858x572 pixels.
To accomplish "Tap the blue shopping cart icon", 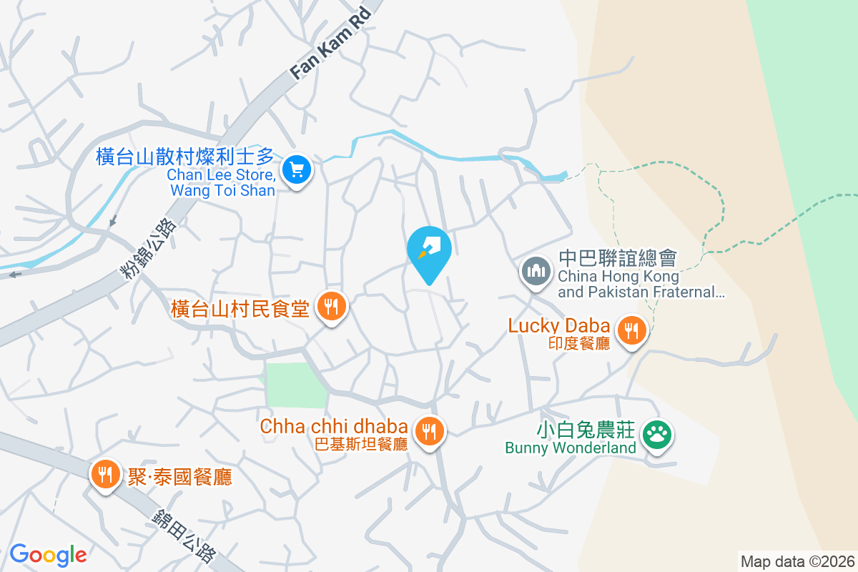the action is [297, 170].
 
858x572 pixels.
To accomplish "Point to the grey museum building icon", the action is [536, 271].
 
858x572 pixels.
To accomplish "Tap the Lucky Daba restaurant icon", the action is [632, 330].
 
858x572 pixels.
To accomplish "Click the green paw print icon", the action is [656, 433].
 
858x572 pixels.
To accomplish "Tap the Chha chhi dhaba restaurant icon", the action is [428, 430].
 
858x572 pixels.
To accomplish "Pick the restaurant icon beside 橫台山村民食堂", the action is [331, 307].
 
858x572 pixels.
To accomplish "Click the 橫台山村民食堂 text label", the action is [240, 309].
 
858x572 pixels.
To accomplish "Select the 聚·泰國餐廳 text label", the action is [179, 477].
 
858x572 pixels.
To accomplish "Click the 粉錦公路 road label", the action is [149, 247].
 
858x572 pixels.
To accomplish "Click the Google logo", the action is [48, 554].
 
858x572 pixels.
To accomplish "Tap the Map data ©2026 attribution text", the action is [797, 561].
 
